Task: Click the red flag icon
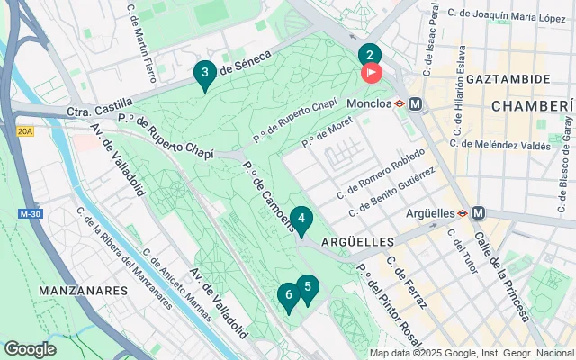(371, 73)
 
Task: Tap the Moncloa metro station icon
(416, 103)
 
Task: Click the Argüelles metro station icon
(478, 213)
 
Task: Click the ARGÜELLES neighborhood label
(357, 242)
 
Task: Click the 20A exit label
(25, 131)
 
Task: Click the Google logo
(30, 349)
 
